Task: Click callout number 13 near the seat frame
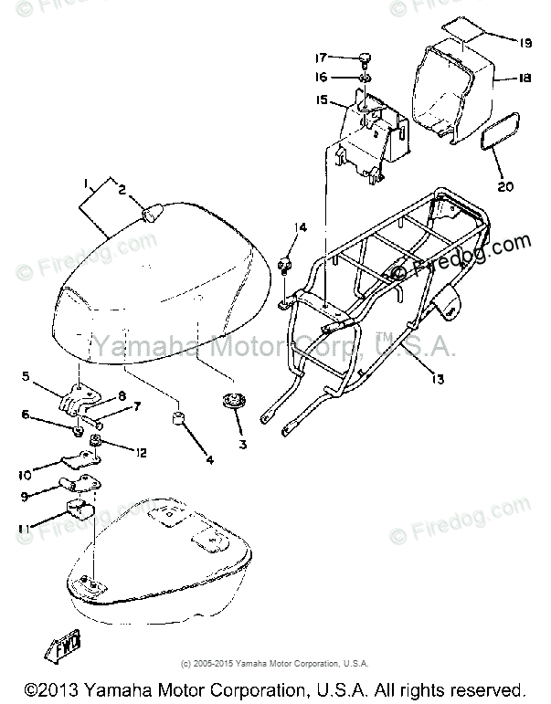click(x=439, y=377)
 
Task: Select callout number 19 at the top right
click(x=525, y=43)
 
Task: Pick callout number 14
click(x=302, y=226)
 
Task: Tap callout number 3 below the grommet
click(x=242, y=446)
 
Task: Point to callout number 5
click(x=26, y=376)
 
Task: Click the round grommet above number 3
click(x=232, y=403)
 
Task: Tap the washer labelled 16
click(x=365, y=78)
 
